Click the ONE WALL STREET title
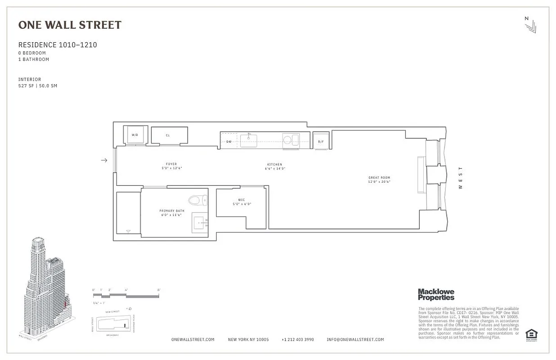click(x=70, y=25)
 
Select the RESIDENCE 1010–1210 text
click(x=58, y=45)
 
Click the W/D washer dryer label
click(x=135, y=135)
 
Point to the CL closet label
click(x=168, y=135)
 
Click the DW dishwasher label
click(x=229, y=141)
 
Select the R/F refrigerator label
click(x=321, y=142)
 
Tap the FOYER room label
click(x=171, y=164)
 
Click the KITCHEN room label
click(x=274, y=165)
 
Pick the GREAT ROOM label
click(x=379, y=178)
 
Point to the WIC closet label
click(x=242, y=200)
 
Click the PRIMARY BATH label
click(x=171, y=211)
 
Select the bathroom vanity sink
click(x=200, y=222)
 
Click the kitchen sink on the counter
click(x=248, y=140)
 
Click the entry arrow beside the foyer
click(x=104, y=160)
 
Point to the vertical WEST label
click(x=460, y=178)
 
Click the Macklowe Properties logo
click(x=436, y=295)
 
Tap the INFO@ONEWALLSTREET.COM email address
click(x=355, y=340)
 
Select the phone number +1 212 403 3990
click(x=298, y=340)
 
